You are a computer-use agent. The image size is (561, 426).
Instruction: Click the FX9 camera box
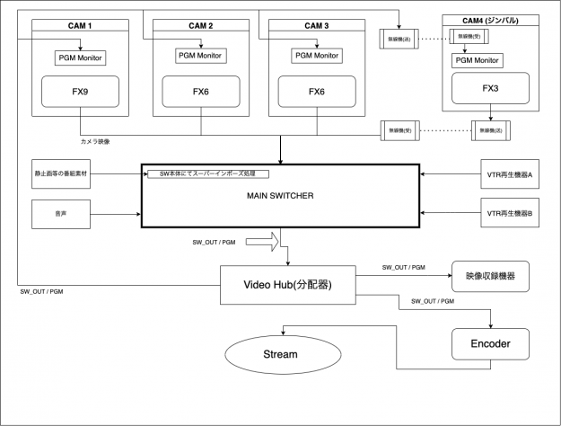pyautogui.click(x=79, y=92)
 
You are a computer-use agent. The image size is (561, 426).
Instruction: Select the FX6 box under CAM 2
pyautogui.click(x=201, y=92)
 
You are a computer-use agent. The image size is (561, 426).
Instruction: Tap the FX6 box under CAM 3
pyautogui.click(x=316, y=92)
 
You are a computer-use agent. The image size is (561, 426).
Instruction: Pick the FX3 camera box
pyautogui.click(x=490, y=89)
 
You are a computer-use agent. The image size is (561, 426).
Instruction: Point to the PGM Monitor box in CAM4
pyautogui.click(x=478, y=60)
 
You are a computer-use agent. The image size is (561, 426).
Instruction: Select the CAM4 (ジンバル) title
pyautogui.click(x=490, y=19)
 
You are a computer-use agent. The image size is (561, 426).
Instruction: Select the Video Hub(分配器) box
pyautogui.click(x=287, y=286)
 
